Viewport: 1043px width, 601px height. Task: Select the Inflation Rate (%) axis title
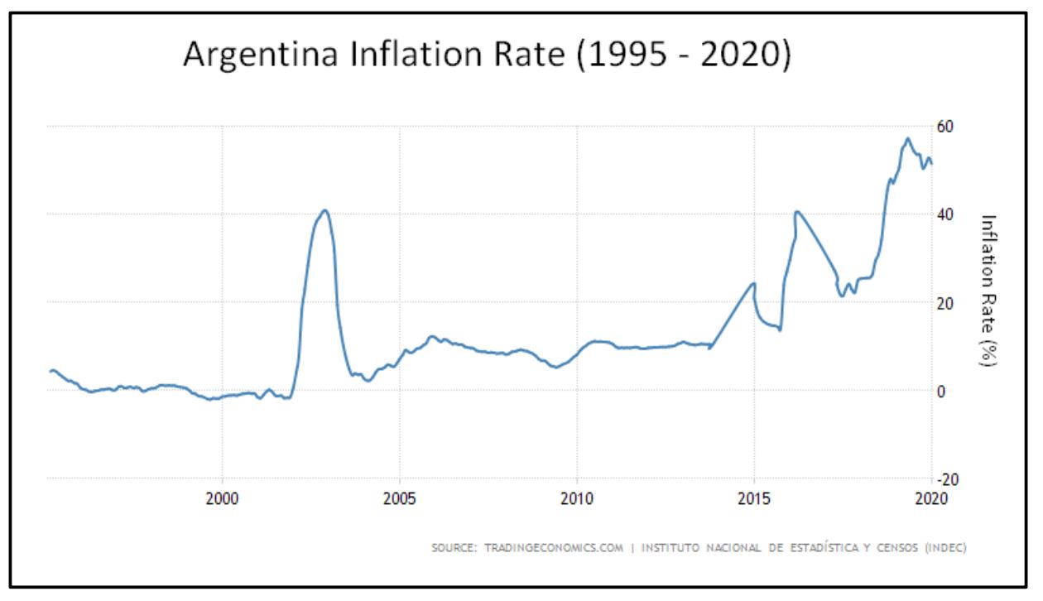[988, 290]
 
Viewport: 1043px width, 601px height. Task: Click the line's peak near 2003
[325, 210]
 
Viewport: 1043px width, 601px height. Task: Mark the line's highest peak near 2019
[908, 138]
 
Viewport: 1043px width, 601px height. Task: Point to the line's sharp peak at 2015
[754, 283]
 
